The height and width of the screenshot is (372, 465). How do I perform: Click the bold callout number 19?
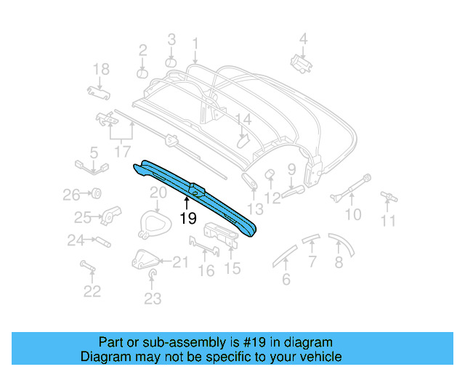tap(187, 217)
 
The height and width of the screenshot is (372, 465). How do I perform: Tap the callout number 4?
tap(304, 39)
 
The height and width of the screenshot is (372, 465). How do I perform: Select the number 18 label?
tap(101, 69)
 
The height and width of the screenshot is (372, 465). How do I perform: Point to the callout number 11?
tap(389, 221)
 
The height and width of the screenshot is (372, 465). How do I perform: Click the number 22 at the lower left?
tap(92, 291)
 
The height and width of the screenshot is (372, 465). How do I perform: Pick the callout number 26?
tap(70, 195)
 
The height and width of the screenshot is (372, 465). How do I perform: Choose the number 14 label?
tap(242, 119)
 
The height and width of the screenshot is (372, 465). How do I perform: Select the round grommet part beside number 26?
tap(94, 193)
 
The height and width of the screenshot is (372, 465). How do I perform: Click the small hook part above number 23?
tap(153, 274)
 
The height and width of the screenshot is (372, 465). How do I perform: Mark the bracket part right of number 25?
tap(111, 215)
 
